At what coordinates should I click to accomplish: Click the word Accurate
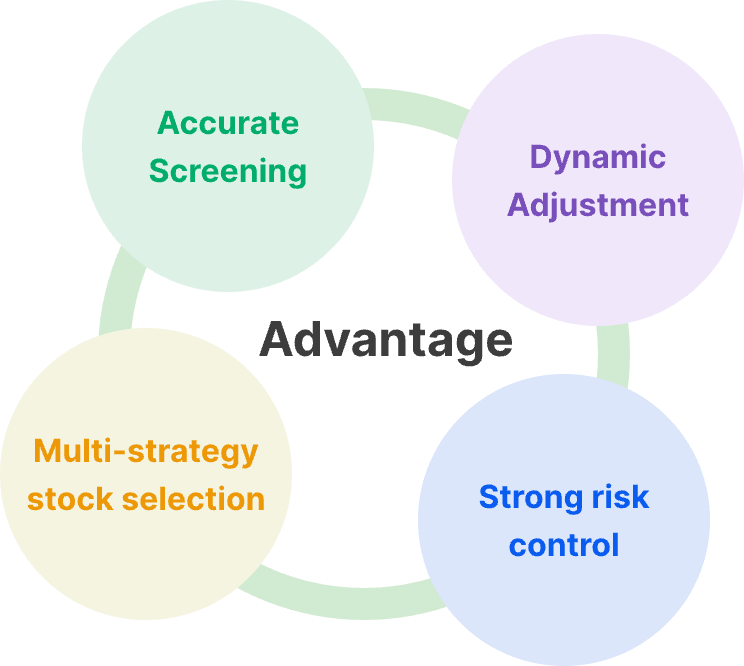(228, 123)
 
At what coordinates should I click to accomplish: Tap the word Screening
(228, 172)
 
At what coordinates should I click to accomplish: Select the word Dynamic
(598, 158)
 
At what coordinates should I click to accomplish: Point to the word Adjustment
(598, 206)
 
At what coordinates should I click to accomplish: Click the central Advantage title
(386, 341)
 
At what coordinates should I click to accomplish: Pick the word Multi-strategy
(146, 452)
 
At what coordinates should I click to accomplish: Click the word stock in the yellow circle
(70, 499)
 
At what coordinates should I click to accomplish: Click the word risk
(620, 497)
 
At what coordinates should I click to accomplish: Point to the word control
(564, 545)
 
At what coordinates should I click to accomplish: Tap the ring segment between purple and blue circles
(614, 353)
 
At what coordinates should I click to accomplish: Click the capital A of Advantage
(277, 339)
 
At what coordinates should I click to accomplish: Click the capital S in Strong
(489, 497)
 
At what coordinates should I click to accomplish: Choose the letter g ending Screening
(297, 175)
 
